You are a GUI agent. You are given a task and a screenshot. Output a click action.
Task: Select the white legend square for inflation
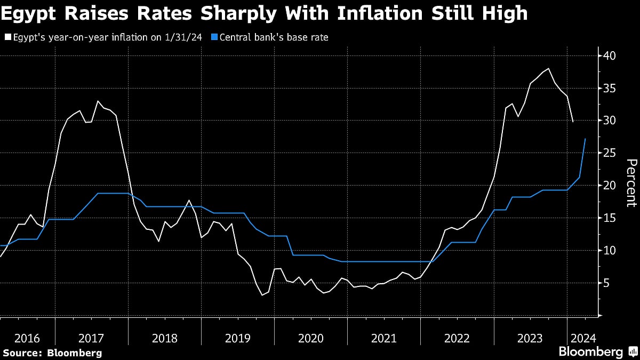(x=7, y=37)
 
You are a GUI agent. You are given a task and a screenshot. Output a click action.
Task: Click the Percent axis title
(x=631, y=182)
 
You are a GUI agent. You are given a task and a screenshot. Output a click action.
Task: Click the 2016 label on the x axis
(x=27, y=338)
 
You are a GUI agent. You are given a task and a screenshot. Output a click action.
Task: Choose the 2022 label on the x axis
(x=457, y=338)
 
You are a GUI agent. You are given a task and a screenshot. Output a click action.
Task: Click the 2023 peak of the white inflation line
(x=549, y=68)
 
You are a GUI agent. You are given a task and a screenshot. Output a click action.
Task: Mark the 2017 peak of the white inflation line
(x=98, y=101)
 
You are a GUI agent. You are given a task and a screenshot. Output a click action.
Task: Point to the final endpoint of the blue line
(x=586, y=139)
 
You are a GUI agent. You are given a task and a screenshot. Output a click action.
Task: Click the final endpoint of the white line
(x=573, y=122)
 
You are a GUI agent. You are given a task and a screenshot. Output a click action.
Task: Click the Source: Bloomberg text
(x=52, y=353)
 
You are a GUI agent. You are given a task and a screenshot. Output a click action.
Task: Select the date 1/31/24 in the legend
(x=185, y=37)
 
